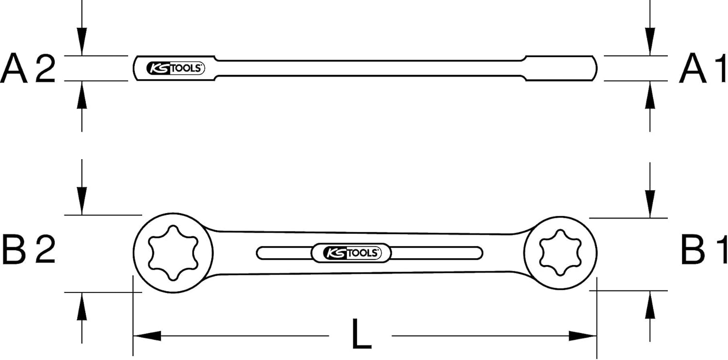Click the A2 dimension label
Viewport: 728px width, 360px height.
coord(28,68)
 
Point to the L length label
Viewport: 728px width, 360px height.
coord(362,334)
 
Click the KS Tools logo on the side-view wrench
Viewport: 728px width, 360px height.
coord(176,68)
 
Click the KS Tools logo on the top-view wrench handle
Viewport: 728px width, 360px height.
coord(351,253)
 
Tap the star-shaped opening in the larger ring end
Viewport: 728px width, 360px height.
coord(173,253)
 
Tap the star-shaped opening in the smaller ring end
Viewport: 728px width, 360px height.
coord(560,253)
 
